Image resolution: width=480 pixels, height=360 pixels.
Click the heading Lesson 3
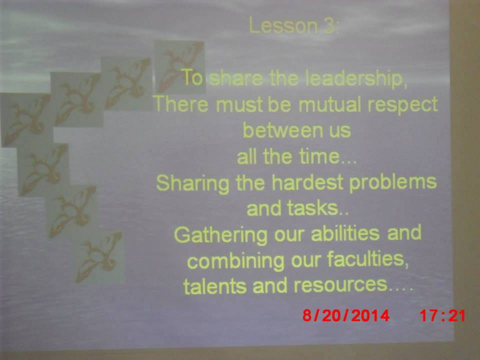[294, 25]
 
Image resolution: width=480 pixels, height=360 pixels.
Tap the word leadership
[356, 78]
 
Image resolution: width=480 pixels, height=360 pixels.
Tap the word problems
[393, 183]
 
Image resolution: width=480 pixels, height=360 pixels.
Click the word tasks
[312, 208]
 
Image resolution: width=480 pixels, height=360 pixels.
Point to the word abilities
[345, 233]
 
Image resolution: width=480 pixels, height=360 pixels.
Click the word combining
[235, 261]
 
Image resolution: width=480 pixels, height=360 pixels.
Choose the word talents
[214, 286]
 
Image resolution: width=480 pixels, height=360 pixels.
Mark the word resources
[340, 285]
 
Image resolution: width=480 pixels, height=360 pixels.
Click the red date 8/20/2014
[346, 315]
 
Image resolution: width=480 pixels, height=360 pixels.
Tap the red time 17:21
[442, 315]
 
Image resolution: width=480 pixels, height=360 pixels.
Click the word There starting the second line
[181, 104]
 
